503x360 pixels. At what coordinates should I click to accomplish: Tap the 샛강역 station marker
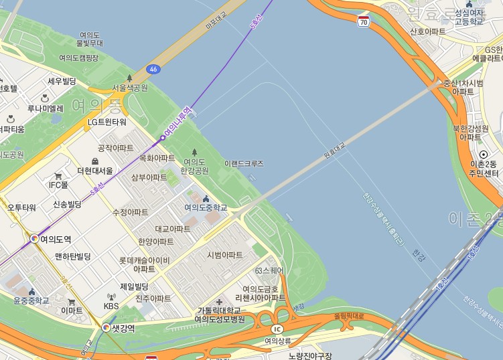tap(106, 328)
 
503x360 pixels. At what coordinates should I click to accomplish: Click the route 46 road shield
tap(154, 69)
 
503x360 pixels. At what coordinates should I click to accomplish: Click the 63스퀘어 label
tap(269, 271)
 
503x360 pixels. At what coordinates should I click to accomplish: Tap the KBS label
tap(111, 306)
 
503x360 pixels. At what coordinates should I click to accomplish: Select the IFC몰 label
tap(59, 185)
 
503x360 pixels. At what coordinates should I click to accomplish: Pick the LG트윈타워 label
tap(106, 122)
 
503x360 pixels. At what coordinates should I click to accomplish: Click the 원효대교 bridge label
tap(334, 151)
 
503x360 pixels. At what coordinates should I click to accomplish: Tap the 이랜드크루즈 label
tap(244, 164)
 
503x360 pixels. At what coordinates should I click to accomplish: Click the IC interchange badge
tap(277, 329)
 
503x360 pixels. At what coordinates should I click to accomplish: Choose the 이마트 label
tap(72, 311)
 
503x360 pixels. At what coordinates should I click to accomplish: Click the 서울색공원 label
tap(130, 88)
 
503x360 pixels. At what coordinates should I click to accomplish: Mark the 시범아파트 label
tap(225, 255)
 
